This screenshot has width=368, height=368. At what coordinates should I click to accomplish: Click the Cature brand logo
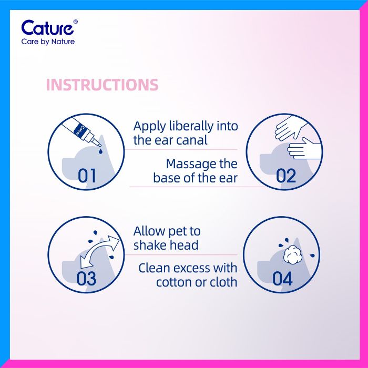pyautogui.click(x=49, y=28)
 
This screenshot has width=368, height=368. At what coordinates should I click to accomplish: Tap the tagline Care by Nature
pyautogui.click(x=48, y=42)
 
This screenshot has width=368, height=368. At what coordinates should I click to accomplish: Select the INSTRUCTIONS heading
pyautogui.click(x=102, y=85)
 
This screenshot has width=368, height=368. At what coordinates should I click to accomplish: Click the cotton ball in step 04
pyautogui.click(x=291, y=255)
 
